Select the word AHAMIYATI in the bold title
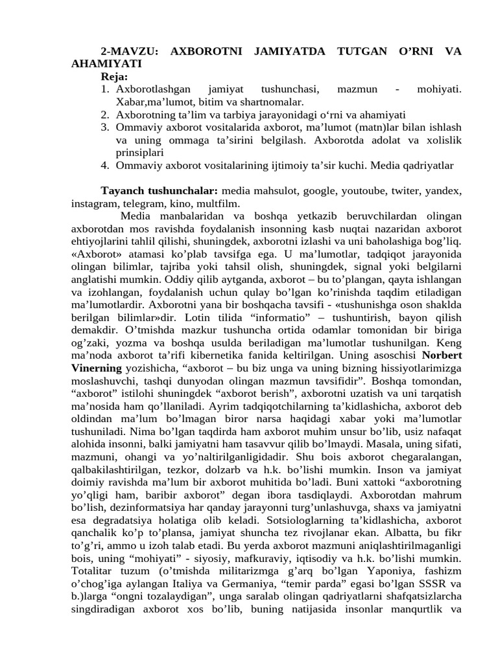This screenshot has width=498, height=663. click(106, 64)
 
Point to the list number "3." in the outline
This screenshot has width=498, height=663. click(106, 128)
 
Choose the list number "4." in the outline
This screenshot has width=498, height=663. click(106, 165)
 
